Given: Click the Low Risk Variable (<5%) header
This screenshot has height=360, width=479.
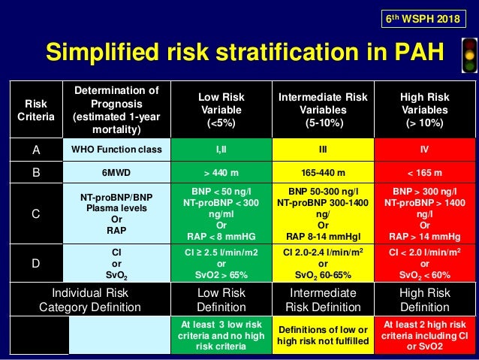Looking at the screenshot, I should click(x=221, y=110).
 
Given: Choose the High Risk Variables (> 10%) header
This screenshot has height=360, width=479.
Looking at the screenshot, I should click(x=425, y=110).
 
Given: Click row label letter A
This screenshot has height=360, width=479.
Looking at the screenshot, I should click(x=35, y=150).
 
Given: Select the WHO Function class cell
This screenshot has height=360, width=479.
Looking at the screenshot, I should click(x=116, y=150).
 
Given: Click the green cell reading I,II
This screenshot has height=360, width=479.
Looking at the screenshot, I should click(x=221, y=150).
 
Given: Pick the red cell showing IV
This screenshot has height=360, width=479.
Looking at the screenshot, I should click(x=425, y=150).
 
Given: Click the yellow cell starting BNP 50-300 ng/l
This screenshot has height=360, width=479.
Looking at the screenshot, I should click(x=322, y=213).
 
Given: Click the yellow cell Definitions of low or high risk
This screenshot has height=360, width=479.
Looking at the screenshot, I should click(x=322, y=335).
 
